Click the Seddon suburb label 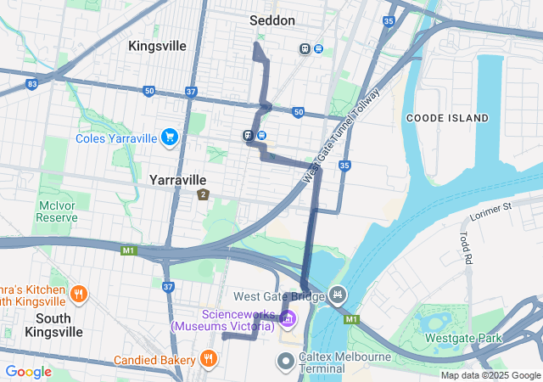click(x=272, y=20)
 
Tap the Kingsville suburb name click(x=157, y=46)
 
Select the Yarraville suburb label click(x=177, y=180)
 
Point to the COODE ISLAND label click(x=446, y=117)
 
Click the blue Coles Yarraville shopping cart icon click(x=170, y=137)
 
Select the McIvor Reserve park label click(x=57, y=211)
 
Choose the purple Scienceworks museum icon click(x=288, y=318)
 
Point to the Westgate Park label click(x=463, y=338)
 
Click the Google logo click(x=29, y=372)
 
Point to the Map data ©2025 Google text click(x=490, y=376)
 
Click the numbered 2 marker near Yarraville click(x=203, y=195)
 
